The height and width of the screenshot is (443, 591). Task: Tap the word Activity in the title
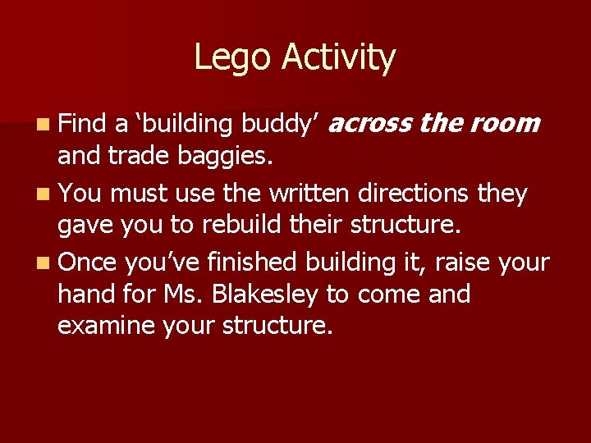[x=339, y=58]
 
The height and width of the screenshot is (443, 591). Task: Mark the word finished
[x=253, y=262]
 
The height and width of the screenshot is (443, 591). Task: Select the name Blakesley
[x=277, y=295]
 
